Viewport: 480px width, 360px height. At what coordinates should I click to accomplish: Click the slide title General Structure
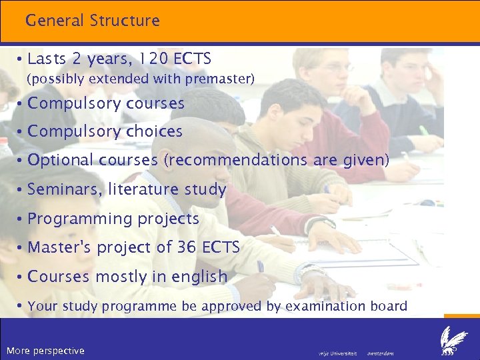coord(93,21)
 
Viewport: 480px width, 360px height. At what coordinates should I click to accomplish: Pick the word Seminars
coord(63,190)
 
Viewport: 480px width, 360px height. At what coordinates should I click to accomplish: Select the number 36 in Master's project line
coord(187,247)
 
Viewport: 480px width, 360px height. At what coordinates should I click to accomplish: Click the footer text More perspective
coord(45,351)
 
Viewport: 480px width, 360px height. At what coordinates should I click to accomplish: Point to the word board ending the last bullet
coord(389,306)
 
